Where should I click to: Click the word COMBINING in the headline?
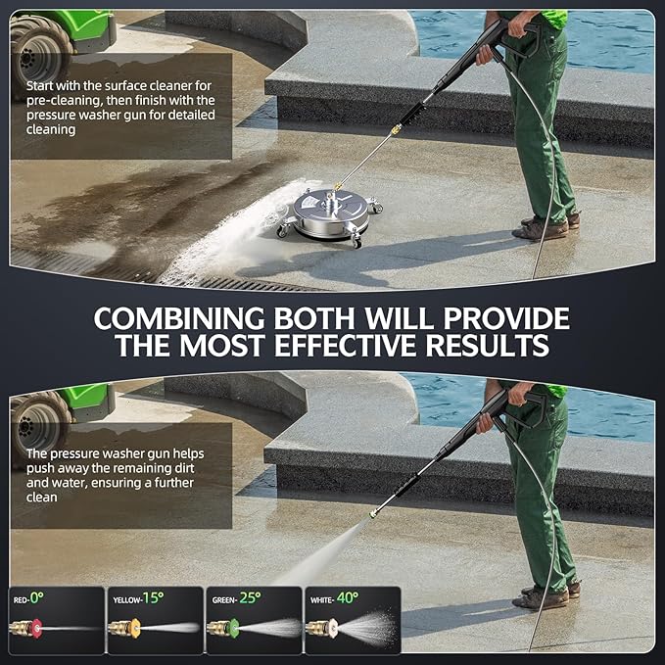(181, 319)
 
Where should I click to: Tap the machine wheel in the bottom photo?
(39, 416)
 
